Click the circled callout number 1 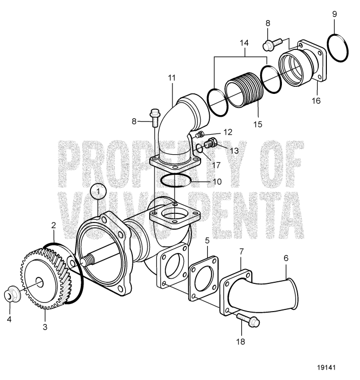click(98, 192)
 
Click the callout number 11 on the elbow click(172, 79)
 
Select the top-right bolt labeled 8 click(271, 41)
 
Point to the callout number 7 click(242, 252)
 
